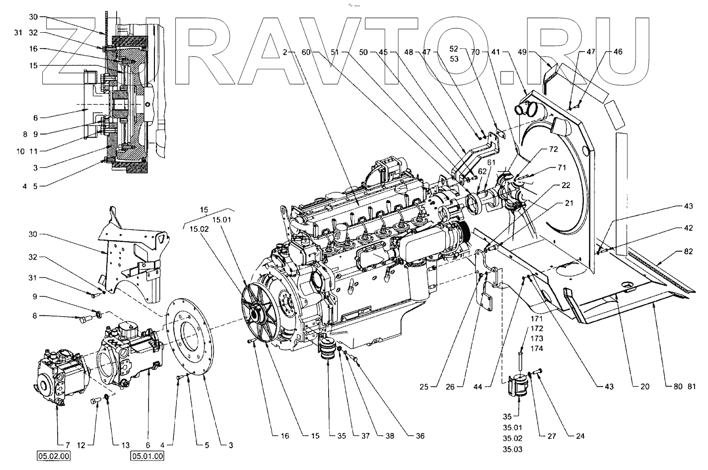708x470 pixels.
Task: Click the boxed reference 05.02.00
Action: (51, 456)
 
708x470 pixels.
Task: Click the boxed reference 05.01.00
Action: (147, 456)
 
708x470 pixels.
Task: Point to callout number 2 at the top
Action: (285, 52)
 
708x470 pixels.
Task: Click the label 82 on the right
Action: (688, 252)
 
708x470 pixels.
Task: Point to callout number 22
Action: (566, 185)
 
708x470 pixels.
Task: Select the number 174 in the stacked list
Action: (537, 348)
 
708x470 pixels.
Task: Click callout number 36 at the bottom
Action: (420, 436)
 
